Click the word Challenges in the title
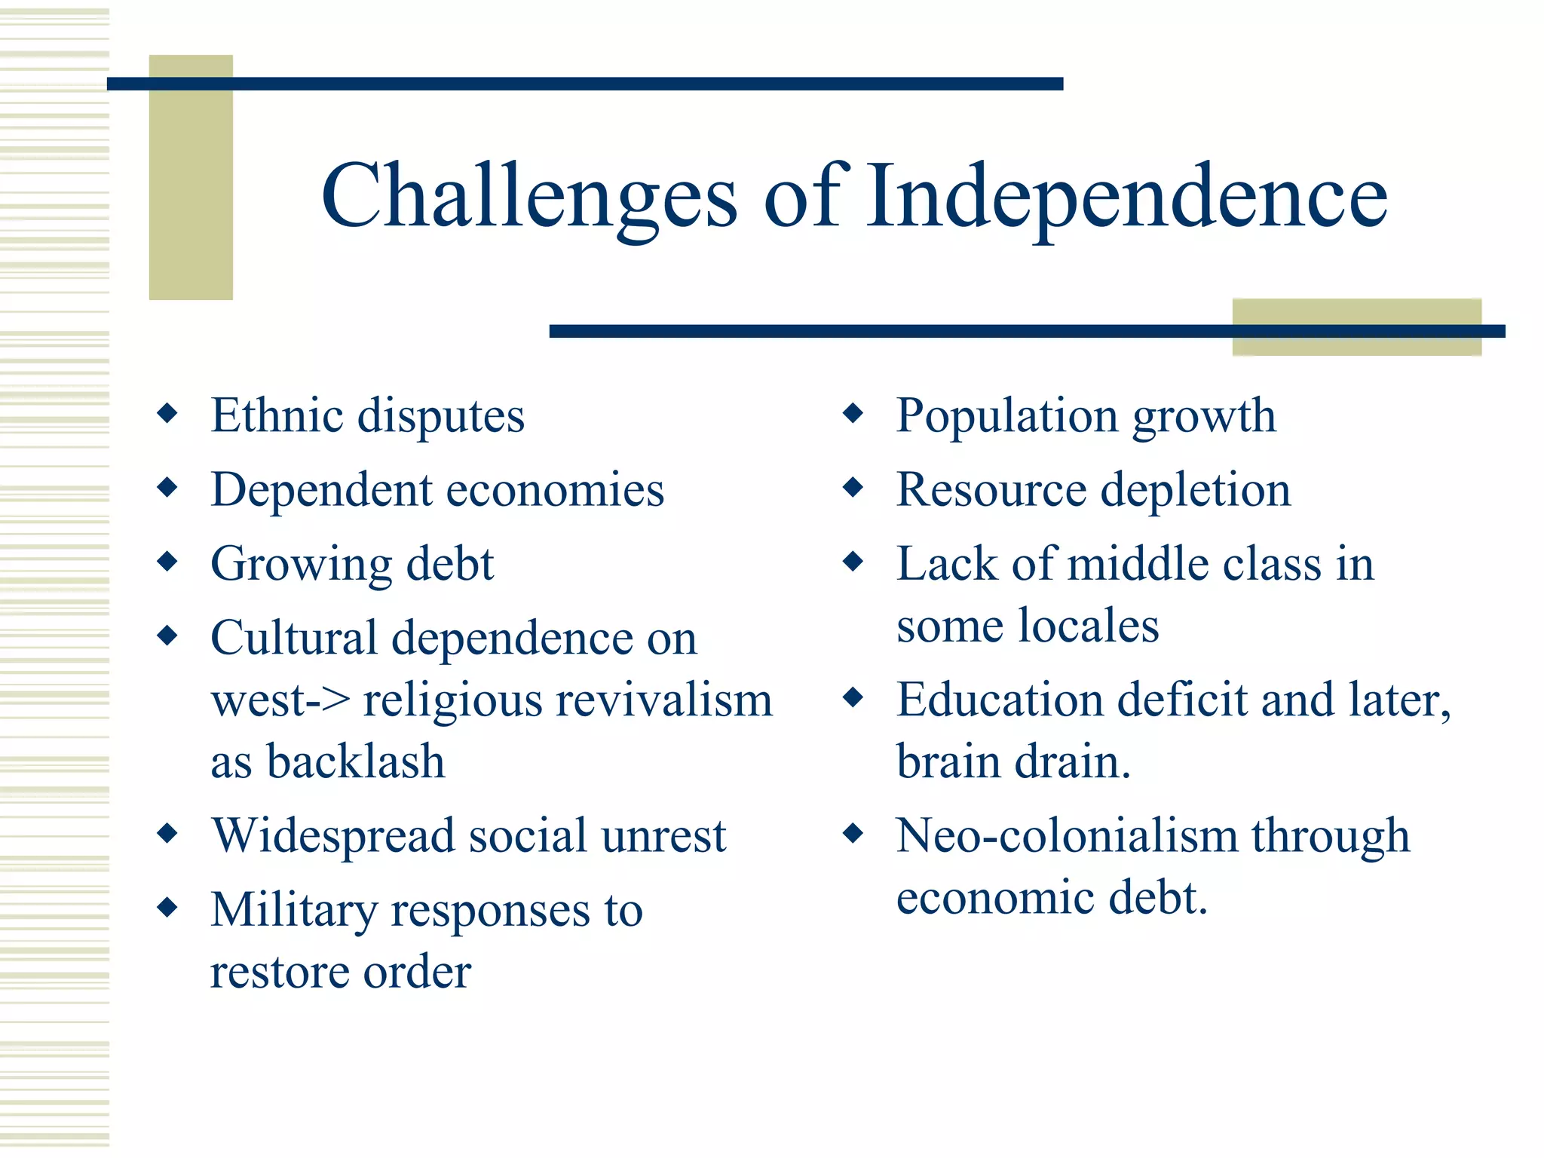tap(528, 198)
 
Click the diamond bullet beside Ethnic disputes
tap(167, 413)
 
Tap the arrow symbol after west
tap(329, 701)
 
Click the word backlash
tap(355, 761)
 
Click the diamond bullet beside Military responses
tap(167, 907)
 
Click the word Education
tap(1000, 700)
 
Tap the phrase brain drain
tap(1013, 761)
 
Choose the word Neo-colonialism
tap(1066, 836)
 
